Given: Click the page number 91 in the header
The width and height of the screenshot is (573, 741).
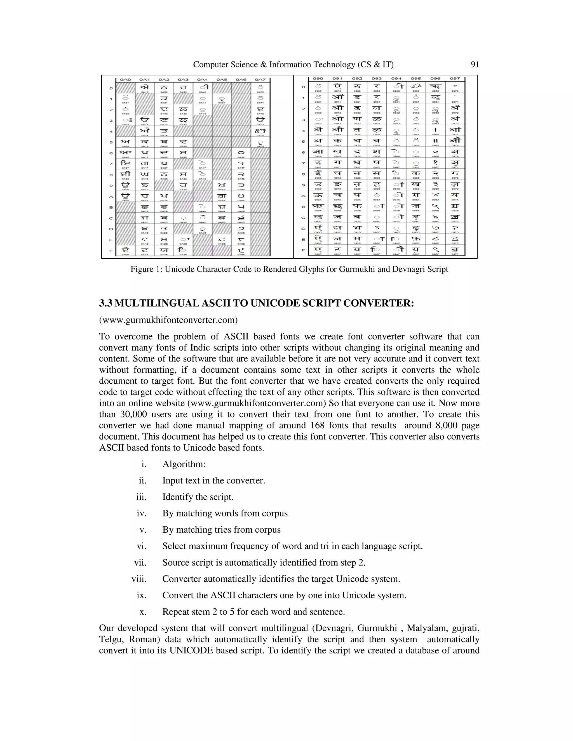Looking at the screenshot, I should (475, 65).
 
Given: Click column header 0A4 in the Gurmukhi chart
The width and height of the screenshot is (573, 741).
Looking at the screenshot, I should (202, 79).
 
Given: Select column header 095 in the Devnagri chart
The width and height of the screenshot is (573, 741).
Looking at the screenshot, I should (416, 78).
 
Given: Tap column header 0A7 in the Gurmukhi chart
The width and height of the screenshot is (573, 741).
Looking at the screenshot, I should (260, 79).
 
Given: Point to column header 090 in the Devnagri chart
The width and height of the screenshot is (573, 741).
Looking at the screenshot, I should (318, 78).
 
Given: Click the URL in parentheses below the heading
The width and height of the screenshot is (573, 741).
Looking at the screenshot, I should (168, 320).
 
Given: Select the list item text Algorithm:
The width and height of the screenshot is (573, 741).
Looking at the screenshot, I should (184, 464).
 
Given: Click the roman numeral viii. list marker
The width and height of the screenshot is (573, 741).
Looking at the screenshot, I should (139, 579).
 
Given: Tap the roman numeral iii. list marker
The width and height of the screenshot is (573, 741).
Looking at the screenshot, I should (141, 497).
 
